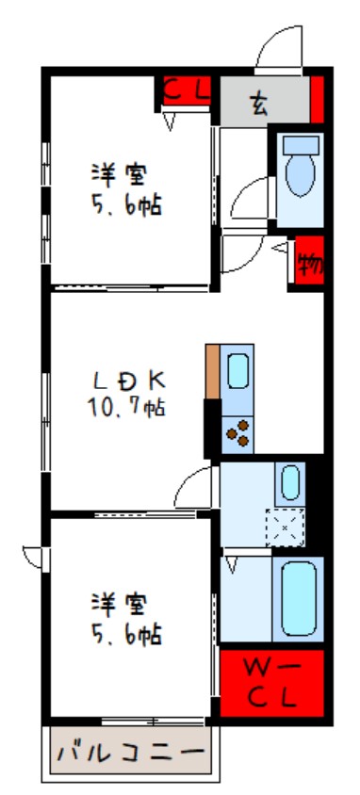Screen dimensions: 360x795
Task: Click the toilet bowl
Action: click(301, 174)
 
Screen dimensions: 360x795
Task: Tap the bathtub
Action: click(299, 600)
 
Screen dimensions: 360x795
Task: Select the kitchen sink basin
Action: click(237, 371)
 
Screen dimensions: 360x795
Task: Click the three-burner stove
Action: click(237, 434)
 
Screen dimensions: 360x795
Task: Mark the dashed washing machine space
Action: click(286, 527)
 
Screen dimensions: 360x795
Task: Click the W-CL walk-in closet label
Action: click(270, 684)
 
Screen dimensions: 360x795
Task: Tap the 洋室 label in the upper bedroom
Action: click(121, 175)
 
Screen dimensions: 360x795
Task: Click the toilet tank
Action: click(302, 144)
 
